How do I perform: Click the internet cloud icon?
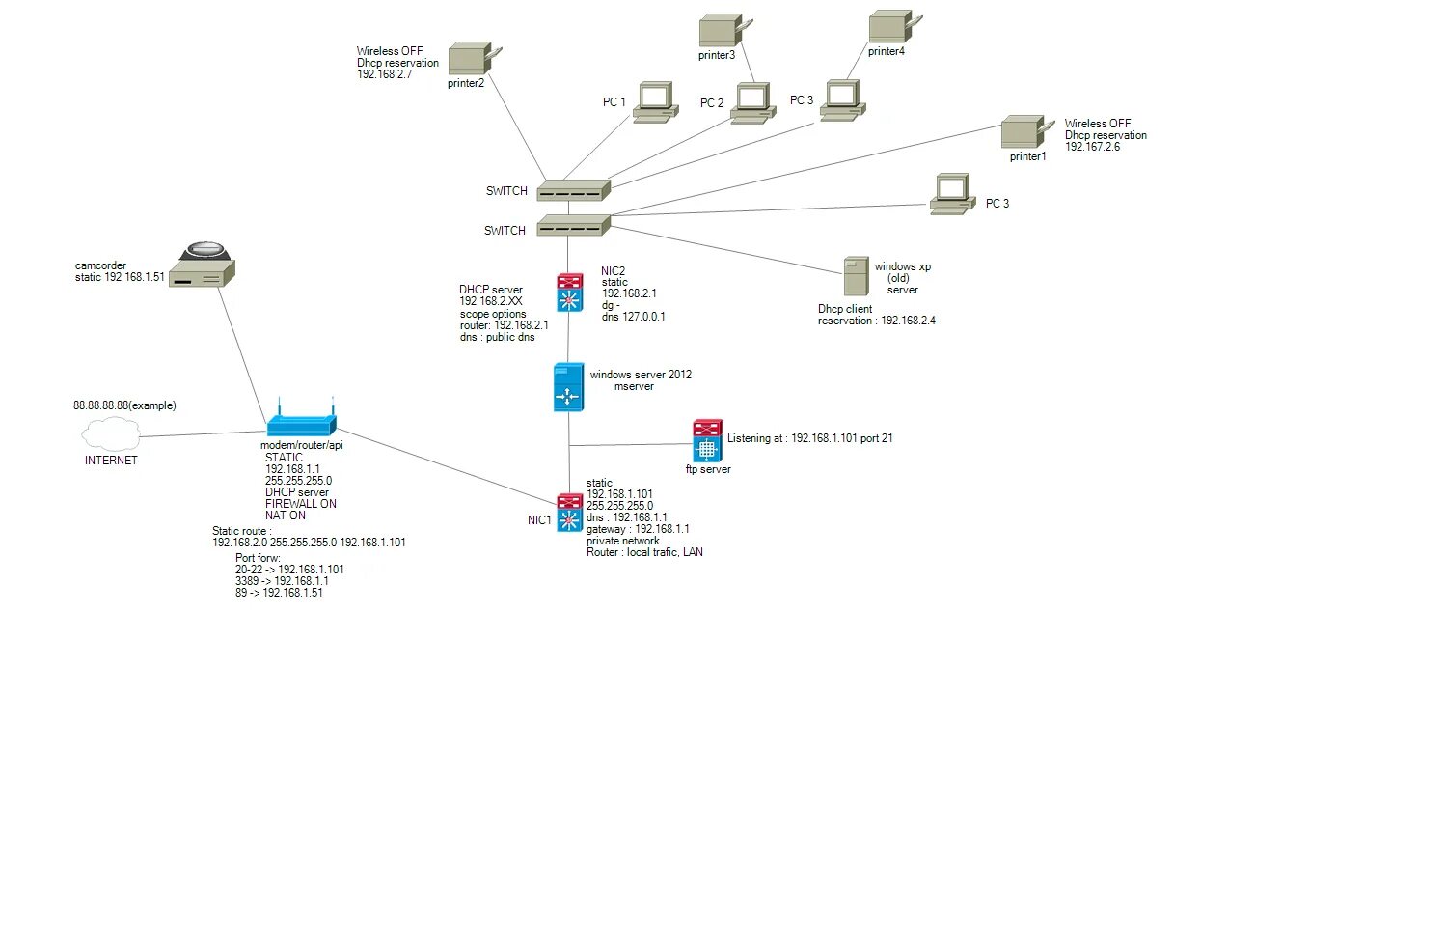(111, 434)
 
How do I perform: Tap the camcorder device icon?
(203, 264)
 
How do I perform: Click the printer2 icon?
(472, 58)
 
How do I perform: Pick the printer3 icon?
(723, 31)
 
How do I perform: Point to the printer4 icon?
(892, 27)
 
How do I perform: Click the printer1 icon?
(1024, 132)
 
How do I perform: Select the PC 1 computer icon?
(654, 101)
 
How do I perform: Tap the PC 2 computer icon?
(751, 103)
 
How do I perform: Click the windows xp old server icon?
(856, 276)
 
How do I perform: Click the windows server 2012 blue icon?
(568, 387)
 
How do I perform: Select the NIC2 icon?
(570, 293)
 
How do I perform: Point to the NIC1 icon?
(570, 513)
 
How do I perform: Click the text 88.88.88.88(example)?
(124, 405)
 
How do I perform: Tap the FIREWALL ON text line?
(301, 504)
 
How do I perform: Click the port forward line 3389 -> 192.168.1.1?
(282, 581)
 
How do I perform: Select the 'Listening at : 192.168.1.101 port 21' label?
(810, 438)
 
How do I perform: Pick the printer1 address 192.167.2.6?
(1092, 147)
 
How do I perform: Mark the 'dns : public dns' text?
(497, 337)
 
